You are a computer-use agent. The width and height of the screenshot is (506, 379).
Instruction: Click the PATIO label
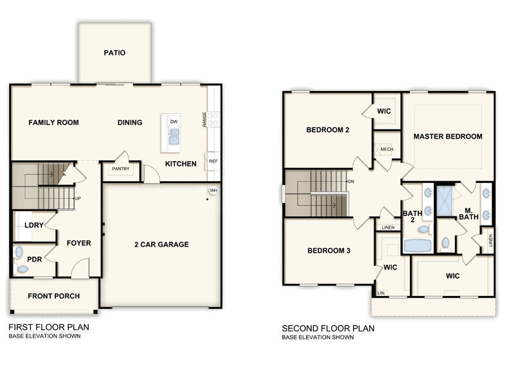tap(114, 53)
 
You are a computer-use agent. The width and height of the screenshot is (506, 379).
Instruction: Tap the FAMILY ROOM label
tap(54, 122)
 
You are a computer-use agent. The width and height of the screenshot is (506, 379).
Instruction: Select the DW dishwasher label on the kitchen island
tap(174, 122)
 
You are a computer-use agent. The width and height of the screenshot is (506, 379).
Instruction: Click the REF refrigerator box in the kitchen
tap(212, 161)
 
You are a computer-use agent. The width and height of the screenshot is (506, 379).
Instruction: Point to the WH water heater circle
tap(213, 191)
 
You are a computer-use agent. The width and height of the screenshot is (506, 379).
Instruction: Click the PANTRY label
tap(120, 170)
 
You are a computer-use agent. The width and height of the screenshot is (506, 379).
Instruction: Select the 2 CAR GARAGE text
tap(161, 244)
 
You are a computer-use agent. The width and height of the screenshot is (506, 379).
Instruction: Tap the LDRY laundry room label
tap(33, 226)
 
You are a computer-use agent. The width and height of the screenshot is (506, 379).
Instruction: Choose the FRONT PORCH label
tap(54, 296)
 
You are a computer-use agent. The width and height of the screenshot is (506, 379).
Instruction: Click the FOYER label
tap(79, 244)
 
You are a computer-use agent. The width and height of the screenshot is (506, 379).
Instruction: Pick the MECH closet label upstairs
tap(387, 150)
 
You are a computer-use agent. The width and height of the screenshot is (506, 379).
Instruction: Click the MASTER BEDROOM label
tap(448, 137)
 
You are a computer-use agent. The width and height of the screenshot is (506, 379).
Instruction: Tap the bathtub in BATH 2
tap(419, 246)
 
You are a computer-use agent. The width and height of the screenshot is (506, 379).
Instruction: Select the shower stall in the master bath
tap(445, 200)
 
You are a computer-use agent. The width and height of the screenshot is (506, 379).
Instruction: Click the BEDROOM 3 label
tap(329, 251)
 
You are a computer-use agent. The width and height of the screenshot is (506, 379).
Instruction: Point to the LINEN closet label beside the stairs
tap(388, 228)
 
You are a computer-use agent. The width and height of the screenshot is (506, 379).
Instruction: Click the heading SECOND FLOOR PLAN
tap(328, 328)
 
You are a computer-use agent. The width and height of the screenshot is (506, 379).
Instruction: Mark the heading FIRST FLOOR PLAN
tap(48, 327)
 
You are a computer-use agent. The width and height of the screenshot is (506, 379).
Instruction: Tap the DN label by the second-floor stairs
tap(351, 182)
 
